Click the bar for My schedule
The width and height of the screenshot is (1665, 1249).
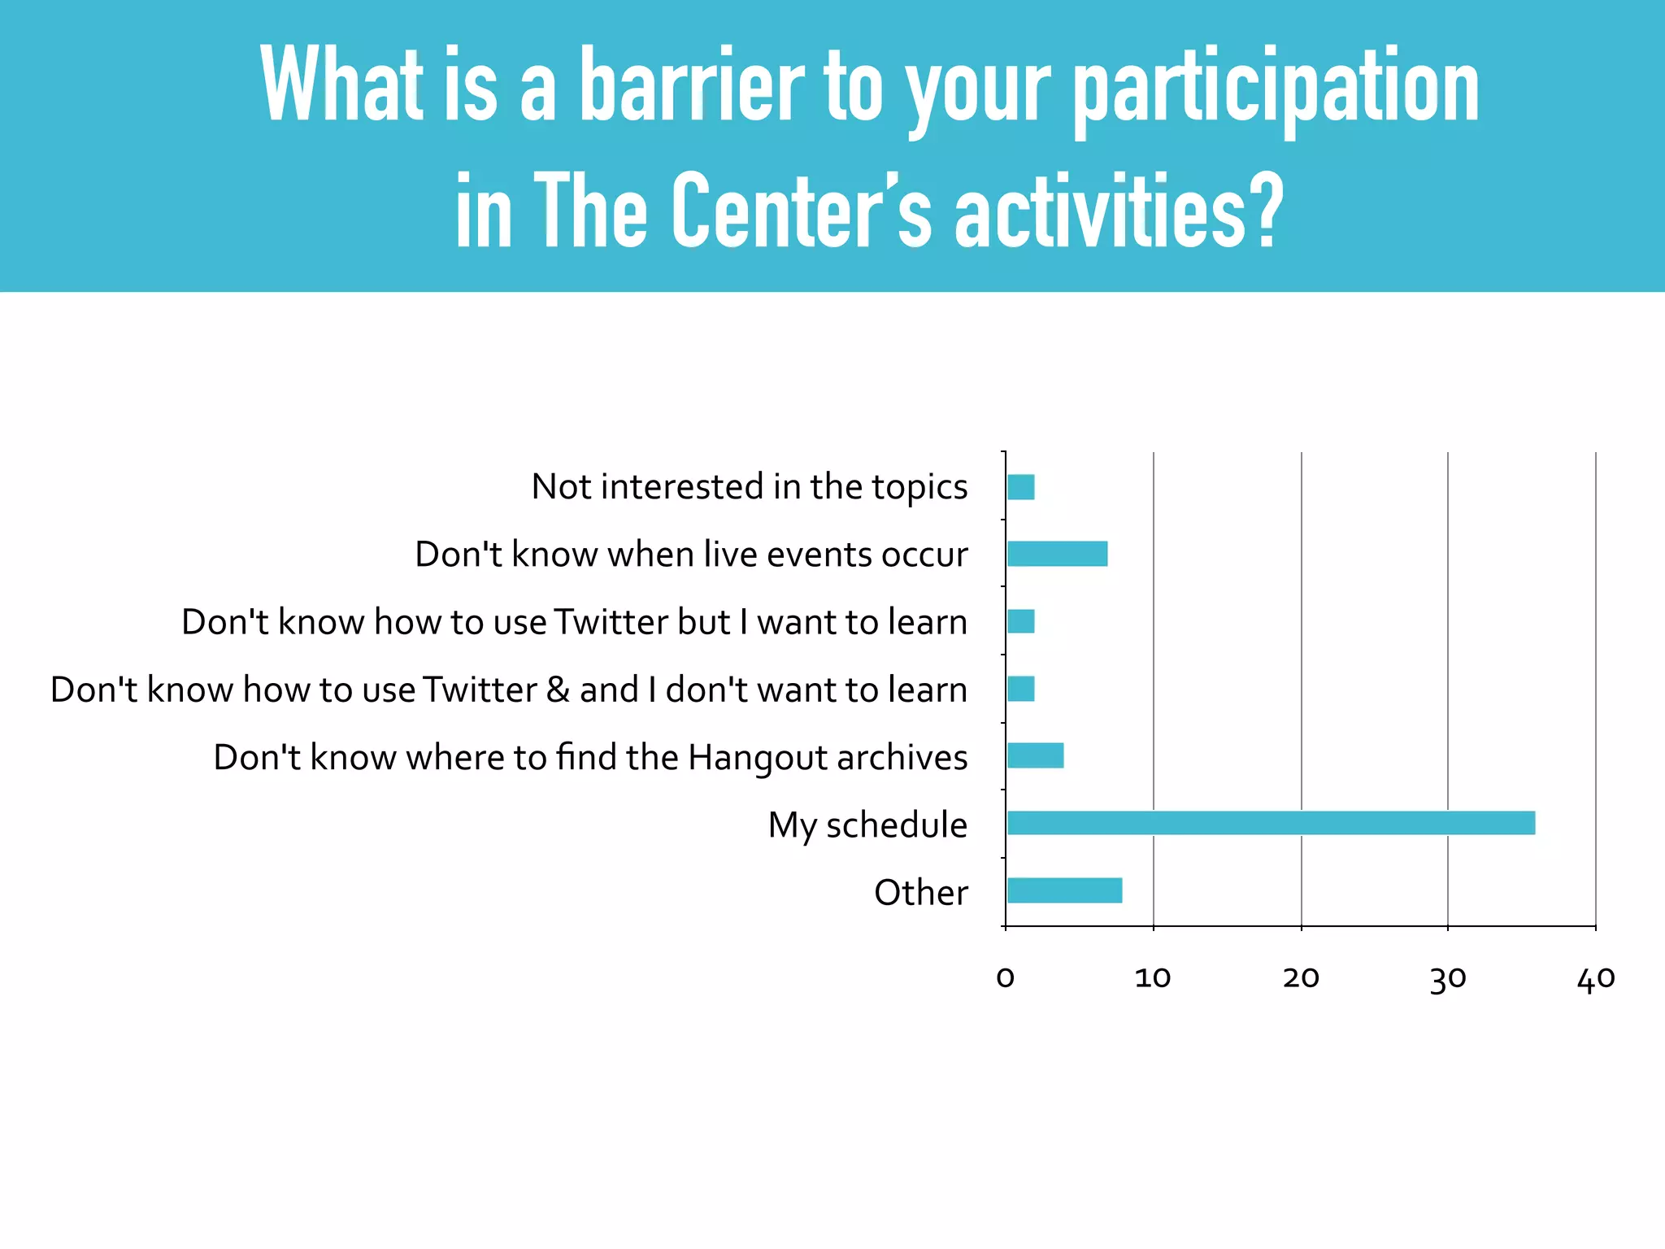[x=1271, y=823]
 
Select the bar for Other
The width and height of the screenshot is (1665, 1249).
[x=1064, y=890]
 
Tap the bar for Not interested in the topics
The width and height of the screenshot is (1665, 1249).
[x=1020, y=487]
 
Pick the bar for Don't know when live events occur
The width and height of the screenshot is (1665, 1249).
[x=1057, y=554]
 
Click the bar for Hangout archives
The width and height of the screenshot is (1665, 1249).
[x=1035, y=755]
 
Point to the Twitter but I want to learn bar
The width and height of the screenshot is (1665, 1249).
[x=1020, y=621]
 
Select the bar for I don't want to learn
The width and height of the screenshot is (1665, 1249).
[x=1020, y=689]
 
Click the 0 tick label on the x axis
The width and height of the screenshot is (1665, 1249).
[x=1006, y=977]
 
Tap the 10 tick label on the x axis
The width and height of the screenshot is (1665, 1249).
[x=1153, y=977]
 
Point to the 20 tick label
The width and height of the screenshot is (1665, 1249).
[x=1301, y=977]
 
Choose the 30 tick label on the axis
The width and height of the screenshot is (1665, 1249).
[x=1448, y=979]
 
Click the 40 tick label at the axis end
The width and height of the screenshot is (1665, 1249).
[x=1596, y=978]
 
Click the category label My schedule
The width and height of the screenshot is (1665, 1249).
[x=867, y=825]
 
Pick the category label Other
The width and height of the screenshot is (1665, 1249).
[x=920, y=892]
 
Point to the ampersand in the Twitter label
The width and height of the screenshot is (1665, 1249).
[x=558, y=690]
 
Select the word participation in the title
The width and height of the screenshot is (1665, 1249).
[x=1276, y=88]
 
